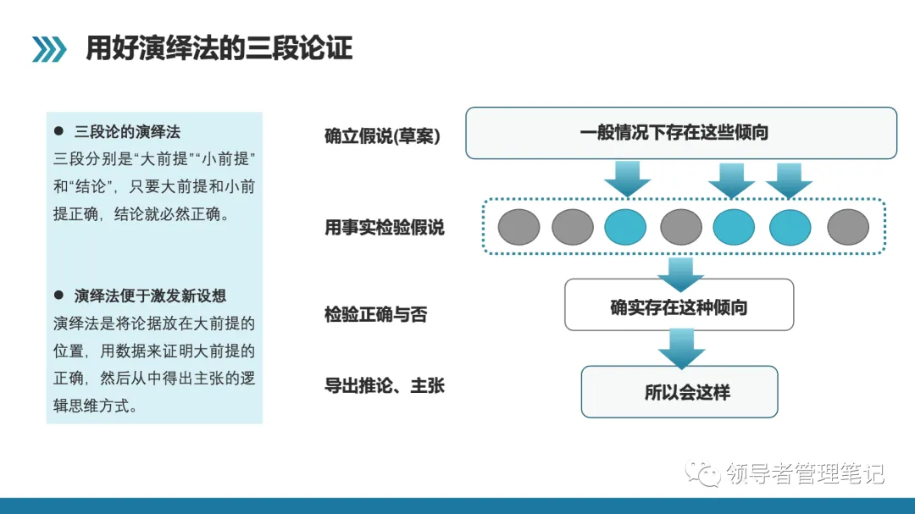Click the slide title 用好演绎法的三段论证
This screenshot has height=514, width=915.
click(x=219, y=49)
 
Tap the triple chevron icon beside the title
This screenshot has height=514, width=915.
click(x=49, y=50)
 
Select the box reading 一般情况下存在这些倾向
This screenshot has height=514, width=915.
click(x=681, y=133)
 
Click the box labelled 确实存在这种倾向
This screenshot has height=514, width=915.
click(x=679, y=307)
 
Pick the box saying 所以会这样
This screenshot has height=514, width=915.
click(x=679, y=392)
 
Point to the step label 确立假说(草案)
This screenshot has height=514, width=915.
click(x=382, y=136)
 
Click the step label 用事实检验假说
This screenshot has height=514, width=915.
click(x=384, y=227)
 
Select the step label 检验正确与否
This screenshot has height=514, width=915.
click(x=375, y=315)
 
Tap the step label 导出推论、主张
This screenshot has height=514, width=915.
click(x=384, y=386)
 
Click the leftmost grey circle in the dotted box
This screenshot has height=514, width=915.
click(x=518, y=227)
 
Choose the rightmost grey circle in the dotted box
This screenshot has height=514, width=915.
click(x=847, y=227)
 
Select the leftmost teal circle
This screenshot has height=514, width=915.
click(x=625, y=227)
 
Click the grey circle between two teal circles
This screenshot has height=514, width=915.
click(x=681, y=227)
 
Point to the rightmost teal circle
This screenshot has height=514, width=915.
click(x=790, y=227)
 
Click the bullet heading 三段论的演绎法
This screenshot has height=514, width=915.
click(x=127, y=132)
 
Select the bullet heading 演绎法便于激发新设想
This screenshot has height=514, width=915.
click(x=150, y=296)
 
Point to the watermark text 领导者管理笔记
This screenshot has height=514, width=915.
click(x=805, y=474)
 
